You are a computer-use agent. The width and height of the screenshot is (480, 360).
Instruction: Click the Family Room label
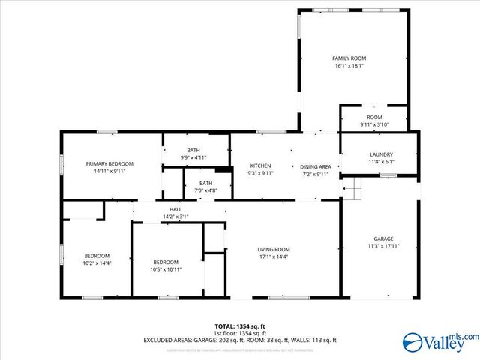pyautogui.click(x=349, y=58)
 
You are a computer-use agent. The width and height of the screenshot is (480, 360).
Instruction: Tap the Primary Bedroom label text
pyautogui.click(x=109, y=163)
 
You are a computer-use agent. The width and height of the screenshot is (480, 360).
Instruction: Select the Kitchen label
pyautogui.click(x=260, y=166)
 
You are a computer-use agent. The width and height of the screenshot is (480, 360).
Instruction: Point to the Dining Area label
pyautogui.click(x=316, y=166)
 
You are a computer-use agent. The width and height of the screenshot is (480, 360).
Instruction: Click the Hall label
pyautogui.click(x=175, y=210)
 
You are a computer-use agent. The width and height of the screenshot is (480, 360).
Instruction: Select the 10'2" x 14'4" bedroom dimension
pyautogui.click(x=97, y=262)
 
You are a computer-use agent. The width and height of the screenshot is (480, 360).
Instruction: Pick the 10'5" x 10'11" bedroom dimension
pyautogui.click(x=166, y=269)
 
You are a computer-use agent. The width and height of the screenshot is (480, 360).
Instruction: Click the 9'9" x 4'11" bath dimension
pyautogui.click(x=193, y=157)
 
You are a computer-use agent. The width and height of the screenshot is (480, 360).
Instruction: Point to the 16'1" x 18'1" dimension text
pyautogui.click(x=349, y=65)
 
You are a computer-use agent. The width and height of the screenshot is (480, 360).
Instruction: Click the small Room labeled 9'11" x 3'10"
pyautogui.click(x=374, y=121)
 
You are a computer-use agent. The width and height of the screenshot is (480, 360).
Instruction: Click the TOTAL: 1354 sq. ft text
pyautogui.click(x=240, y=326)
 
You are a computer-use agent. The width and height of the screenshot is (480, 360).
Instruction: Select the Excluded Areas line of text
pyautogui.click(x=240, y=340)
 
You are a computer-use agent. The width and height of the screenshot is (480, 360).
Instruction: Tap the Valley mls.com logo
pyautogui.click(x=439, y=342)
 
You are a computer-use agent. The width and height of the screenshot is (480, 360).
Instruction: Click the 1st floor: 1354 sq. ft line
pyautogui.click(x=240, y=333)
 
